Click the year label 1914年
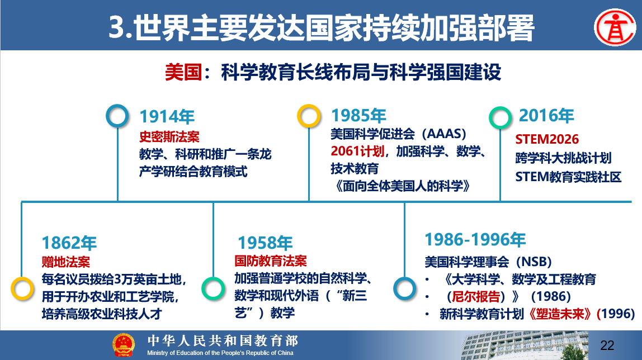coord(167,117)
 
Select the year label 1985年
coord(358,116)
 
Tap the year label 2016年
coord(546,115)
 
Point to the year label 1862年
coord(69,243)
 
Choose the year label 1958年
coord(265,243)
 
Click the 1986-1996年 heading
coord(475,240)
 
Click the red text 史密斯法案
coord(169,136)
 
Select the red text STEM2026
coord(547,140)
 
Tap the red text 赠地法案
coord(66,262)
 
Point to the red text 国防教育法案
coord(271,261)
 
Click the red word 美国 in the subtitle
coord(183,73)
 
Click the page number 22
coord(607,345)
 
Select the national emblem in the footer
coord(123,345)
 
